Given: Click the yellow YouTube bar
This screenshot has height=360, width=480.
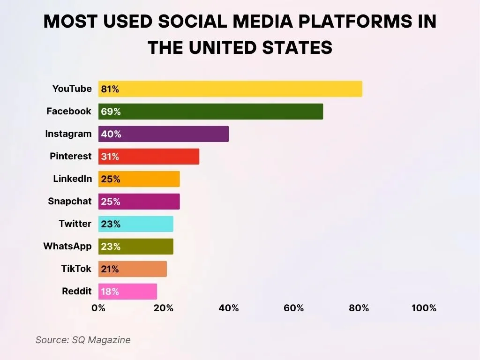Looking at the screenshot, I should coord(230,89).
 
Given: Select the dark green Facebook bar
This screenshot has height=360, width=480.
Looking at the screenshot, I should coord(210,112).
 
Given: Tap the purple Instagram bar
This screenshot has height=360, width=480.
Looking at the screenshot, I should coord(164,134).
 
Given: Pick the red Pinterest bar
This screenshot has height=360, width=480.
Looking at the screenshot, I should coord(149,157).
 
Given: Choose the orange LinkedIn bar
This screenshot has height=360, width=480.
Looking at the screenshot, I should coord(139,179).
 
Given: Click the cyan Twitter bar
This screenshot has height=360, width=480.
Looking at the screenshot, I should coord(135,224).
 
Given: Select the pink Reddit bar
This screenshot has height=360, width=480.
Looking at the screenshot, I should coord(127,292).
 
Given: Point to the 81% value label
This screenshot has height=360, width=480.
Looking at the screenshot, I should coord(110,89).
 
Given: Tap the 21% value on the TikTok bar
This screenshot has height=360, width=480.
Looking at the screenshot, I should coord(110,269).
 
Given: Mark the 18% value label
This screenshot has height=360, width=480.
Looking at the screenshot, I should coord(110,292).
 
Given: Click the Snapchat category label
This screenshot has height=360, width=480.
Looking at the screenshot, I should coord(70,201).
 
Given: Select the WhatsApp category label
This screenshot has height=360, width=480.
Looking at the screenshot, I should coord(67,246).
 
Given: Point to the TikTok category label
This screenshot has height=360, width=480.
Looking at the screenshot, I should coord(76,269).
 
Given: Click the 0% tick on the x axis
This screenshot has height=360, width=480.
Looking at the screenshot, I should coord(98,308).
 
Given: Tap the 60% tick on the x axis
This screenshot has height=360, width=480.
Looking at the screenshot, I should coord(294,308).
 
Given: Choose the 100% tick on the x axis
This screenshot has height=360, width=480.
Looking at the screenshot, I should coord(424,308).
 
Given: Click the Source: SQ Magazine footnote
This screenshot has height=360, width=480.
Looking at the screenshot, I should coord(83,340).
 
